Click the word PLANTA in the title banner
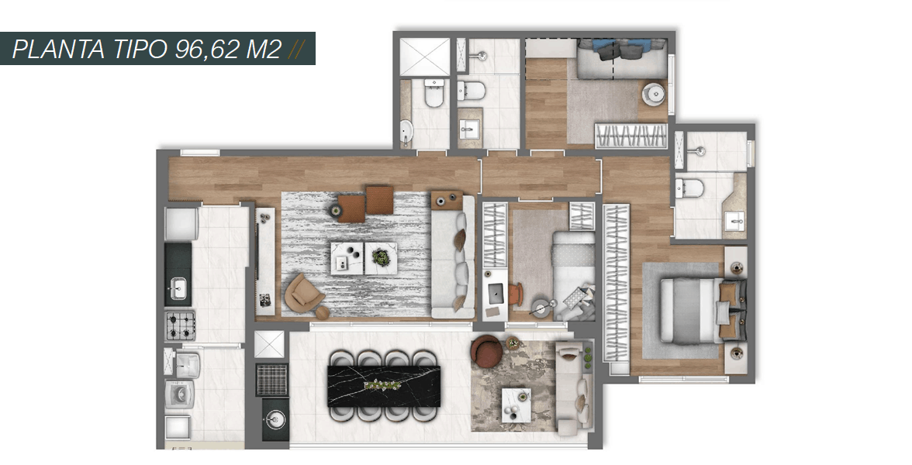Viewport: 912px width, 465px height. [59, 49]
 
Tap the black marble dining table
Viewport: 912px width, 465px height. [384, 386]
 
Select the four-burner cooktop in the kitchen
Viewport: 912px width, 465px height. [180, 325]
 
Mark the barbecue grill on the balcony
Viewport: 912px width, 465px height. [271, 380]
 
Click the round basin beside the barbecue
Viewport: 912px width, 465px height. [275, 418]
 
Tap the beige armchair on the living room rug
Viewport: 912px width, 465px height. [304, 294]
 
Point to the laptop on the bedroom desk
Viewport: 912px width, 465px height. [495, 293]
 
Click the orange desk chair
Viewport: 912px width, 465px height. [516, 294]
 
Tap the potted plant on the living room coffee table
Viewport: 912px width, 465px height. [381, 257]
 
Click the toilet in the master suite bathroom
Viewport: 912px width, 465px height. [689, 188]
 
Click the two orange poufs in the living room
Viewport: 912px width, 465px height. [365, 203]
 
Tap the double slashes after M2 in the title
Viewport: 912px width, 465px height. [296, 50]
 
